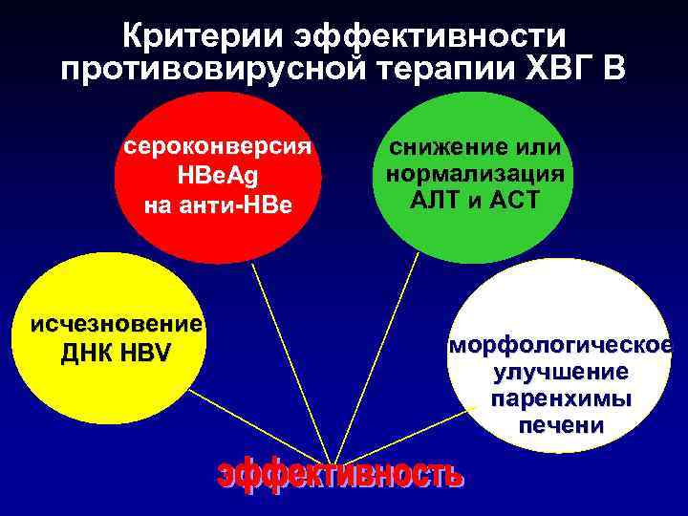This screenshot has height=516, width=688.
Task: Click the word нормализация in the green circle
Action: (x=475, y=174)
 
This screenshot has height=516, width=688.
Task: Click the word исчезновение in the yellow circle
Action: (x=116, y=323)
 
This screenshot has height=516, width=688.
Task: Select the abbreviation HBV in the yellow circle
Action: (x=145, y=354)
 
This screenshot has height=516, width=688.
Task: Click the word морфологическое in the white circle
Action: (x=561, y=344)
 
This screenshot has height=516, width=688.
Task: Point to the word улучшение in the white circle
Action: (x=561, y=371)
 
